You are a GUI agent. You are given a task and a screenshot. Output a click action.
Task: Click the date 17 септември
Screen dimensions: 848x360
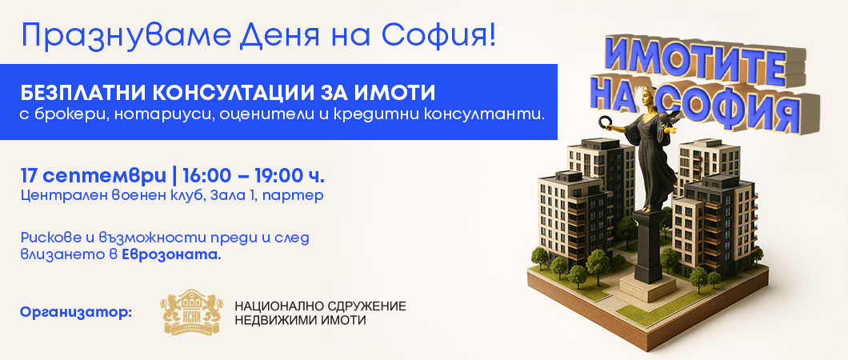click(94, 176)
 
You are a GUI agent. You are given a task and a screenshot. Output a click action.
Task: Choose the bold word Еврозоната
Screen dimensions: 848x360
click(171, 255)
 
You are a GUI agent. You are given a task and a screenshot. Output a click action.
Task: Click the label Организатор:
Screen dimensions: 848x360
click(76, 313)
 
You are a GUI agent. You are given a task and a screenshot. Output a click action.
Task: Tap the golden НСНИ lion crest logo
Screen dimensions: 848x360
click(193, 313)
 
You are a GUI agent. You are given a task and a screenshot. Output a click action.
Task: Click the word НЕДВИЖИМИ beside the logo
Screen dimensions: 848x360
click(269, 321)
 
